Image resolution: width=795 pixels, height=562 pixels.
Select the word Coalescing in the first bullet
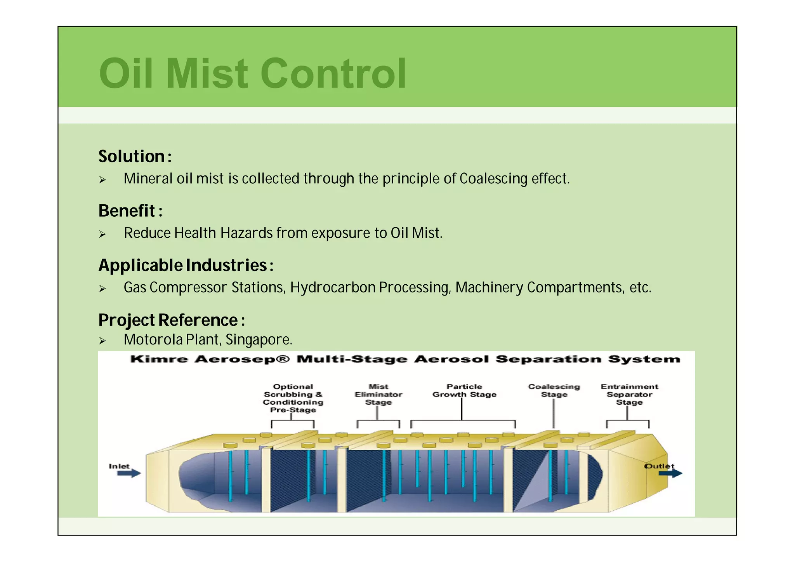[493, 179]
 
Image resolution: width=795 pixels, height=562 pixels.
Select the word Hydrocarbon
[333, 288]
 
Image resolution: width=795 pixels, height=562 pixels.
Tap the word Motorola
[153, 340]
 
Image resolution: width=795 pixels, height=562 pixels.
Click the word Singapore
[258, 340]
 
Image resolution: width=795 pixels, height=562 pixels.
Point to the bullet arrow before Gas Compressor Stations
[102, 289]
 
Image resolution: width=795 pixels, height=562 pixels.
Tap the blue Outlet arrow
[670, 473]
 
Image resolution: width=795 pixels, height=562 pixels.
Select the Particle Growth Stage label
[464, 391]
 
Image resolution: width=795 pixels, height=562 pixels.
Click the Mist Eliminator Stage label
[378, 395]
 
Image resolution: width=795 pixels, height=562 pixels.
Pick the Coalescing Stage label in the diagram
[554, 391]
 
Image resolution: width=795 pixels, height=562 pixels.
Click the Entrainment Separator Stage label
[629, 395]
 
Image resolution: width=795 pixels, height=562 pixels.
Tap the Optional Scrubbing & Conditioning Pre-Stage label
[293, 398]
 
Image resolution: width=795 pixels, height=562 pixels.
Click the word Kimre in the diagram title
[159, 359]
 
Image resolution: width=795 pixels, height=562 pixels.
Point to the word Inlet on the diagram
[119, 466]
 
